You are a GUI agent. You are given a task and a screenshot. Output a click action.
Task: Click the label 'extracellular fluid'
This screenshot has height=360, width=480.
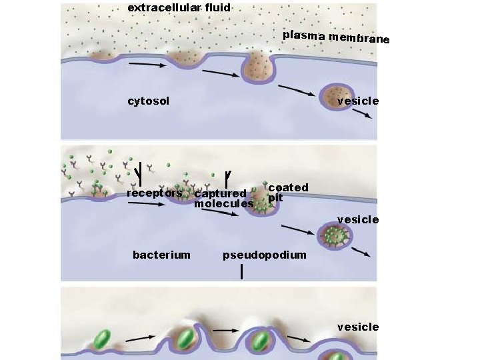tap(179, 8)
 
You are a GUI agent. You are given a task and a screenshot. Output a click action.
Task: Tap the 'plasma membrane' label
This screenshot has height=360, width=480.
tap(336, 37)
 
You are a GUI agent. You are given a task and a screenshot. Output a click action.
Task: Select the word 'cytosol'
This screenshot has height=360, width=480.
tap(148, 101)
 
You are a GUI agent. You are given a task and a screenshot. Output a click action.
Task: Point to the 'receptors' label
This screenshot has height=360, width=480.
tap(154, 193)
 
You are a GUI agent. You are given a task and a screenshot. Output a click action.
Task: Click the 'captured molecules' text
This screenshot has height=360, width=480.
tap(223, 199)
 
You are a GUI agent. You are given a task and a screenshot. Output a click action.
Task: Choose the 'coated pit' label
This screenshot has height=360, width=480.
tap(287, 192)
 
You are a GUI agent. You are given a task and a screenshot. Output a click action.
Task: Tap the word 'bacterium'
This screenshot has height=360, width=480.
tap(161, 255)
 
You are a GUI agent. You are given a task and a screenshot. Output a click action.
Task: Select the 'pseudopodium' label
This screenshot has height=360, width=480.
tap(265, 255)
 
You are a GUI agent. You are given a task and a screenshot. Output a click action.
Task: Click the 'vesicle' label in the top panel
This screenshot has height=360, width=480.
tap(358, 101)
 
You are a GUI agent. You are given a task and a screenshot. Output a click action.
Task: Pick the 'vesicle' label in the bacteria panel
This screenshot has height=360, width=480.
tap(358, 327)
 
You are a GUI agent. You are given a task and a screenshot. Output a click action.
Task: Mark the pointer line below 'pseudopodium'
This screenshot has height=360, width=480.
tap(241, 271)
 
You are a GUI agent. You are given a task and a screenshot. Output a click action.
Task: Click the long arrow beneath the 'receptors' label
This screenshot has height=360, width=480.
tap(146, 204)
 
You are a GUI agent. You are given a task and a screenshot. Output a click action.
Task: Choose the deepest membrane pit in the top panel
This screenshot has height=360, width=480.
tap(257, 69)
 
